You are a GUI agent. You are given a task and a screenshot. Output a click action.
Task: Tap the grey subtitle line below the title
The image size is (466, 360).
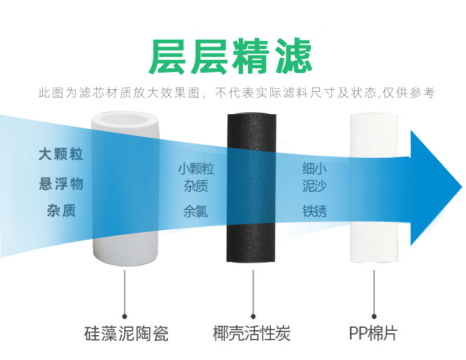click(236, 93)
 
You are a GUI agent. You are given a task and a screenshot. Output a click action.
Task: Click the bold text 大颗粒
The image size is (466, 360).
click(61, 155)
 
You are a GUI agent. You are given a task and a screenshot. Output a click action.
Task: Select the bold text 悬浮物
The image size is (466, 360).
click(61, 184)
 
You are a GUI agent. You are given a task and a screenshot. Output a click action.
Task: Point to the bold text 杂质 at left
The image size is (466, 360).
click(61, 211)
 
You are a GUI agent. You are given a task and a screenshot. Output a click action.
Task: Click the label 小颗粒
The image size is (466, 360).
click(196, 169)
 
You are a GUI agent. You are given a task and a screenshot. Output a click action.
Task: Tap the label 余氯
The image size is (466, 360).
click(196, 211)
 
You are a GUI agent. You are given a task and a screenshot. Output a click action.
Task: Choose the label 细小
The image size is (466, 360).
click(314, 169)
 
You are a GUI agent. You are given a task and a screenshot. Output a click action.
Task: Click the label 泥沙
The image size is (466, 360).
click(314, 185)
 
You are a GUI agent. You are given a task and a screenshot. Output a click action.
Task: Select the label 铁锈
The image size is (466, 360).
click(314, 211)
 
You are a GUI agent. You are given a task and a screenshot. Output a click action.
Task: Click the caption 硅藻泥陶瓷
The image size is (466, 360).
click(126, 333)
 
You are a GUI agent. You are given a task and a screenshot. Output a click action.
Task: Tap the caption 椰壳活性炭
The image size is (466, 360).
click(252, 333)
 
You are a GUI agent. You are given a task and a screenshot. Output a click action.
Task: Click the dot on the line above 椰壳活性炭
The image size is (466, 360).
click(252, 315)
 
